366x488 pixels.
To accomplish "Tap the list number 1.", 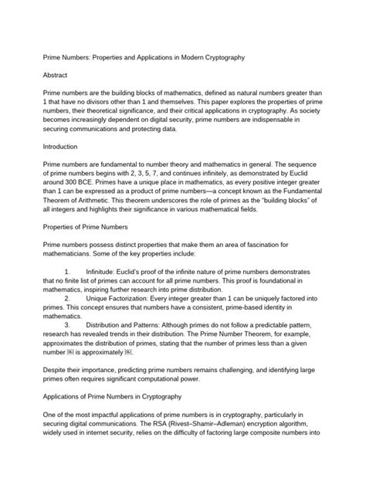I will tap(68, 272).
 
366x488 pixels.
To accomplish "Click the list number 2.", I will tap(68, 299).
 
